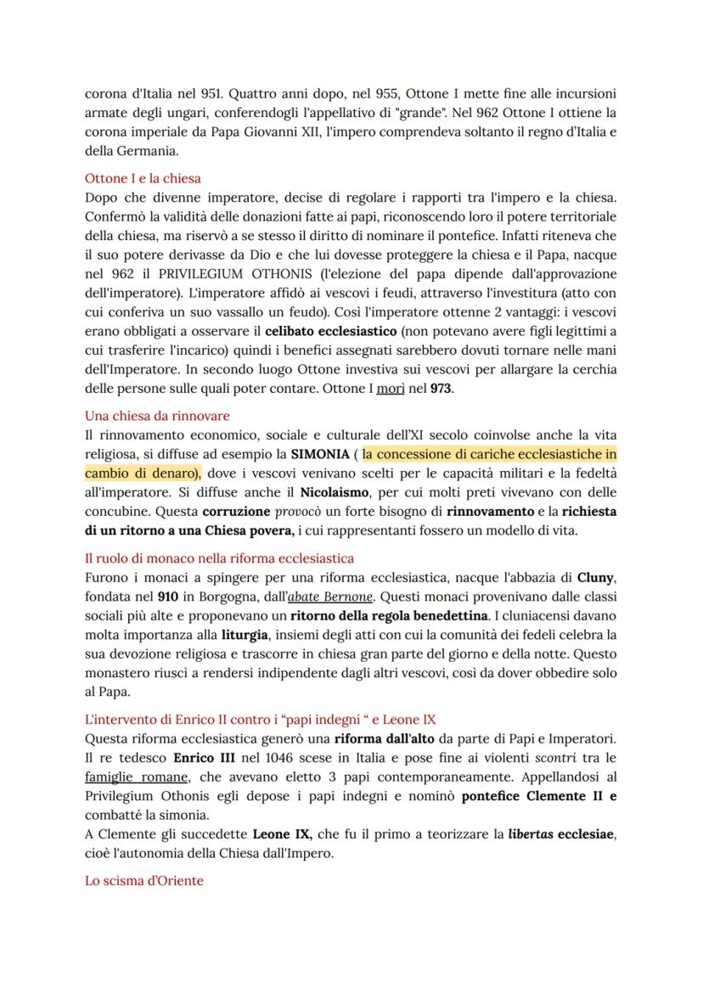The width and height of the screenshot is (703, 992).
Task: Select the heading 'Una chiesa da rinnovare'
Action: pyautogui.click(x=157, y=416)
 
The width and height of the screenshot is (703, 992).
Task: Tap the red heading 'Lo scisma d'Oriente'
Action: pyautogui.click(x=144, y=881)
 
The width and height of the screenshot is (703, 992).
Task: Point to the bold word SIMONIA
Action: pyautogui.click(x=318, y=454)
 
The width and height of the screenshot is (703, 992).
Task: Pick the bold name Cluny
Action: pyautogui.click(x=595, y=578)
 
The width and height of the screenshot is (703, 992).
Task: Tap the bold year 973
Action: pyautogui.click(x=441, y=389)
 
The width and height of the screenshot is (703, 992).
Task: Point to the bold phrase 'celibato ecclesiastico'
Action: pyautogui.click(x=328, y=332)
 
